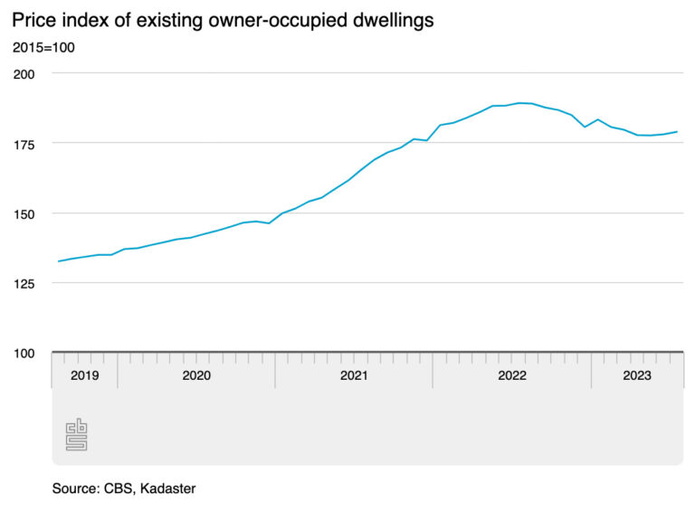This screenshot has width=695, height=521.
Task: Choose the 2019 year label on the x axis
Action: (84, 375)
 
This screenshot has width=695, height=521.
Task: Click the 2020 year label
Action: (195, 375)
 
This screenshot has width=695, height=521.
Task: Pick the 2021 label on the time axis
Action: (353, 375)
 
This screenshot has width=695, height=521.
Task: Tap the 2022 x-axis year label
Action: (511, 375)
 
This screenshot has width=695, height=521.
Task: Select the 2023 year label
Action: (636, 375)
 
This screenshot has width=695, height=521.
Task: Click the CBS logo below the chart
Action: (76, 434)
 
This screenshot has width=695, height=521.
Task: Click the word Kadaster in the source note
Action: (167, 488)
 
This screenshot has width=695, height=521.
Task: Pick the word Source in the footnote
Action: (74, 488)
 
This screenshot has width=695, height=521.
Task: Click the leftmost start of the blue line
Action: (58, 261)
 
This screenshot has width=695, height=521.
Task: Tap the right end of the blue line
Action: (678, 132)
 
